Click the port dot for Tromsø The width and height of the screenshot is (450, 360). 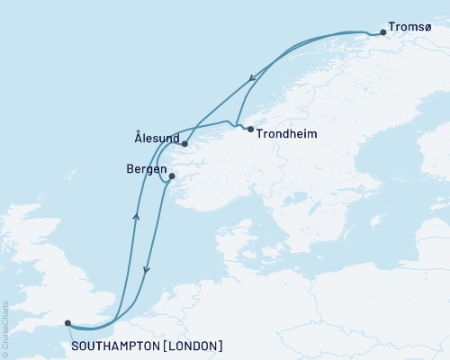[x=382, y=32]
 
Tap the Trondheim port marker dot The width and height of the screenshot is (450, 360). [x=250, y=130]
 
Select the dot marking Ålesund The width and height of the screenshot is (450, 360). [x=184, y=143]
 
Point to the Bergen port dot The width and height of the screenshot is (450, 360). [x=171, y=175]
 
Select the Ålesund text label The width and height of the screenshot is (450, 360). [x=154, y=139]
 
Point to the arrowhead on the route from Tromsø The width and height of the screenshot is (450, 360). [x=250, y=78]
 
